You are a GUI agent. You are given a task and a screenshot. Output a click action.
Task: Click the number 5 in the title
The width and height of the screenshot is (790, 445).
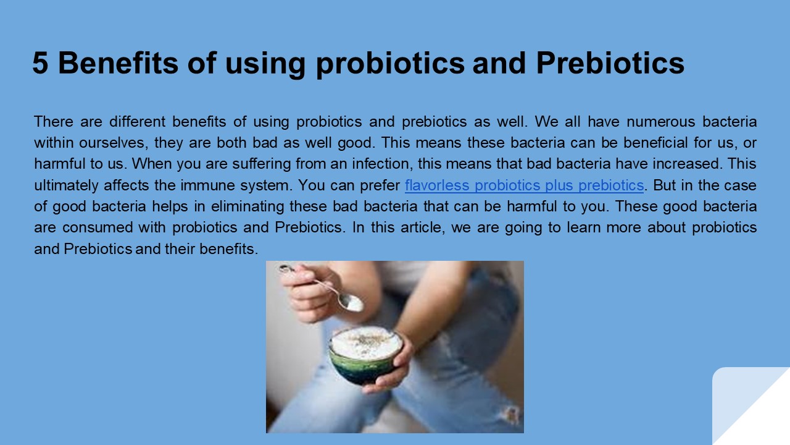(x=40, y=63)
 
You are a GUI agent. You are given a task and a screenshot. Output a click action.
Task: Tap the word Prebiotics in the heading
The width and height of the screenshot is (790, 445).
(x=610, y=63)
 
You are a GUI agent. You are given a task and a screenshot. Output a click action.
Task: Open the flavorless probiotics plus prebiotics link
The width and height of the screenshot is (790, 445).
(x=524, y=185)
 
